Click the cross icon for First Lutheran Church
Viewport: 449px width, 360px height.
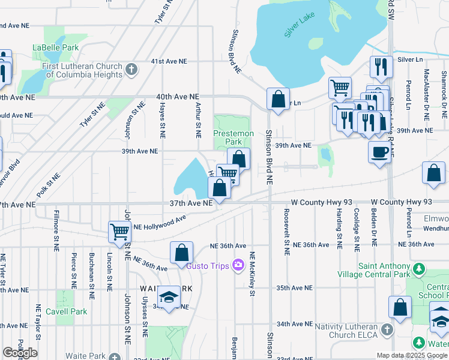point(131,70)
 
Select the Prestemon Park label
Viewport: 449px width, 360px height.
point(234,137)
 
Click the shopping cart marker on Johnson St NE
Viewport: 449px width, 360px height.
point(119,231)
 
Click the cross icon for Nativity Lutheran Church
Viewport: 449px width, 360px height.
point(388,330)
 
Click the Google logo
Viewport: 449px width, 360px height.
point(20,353)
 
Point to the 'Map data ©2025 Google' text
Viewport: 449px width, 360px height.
point(412,355)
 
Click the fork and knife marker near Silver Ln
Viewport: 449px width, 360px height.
point(381,66)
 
